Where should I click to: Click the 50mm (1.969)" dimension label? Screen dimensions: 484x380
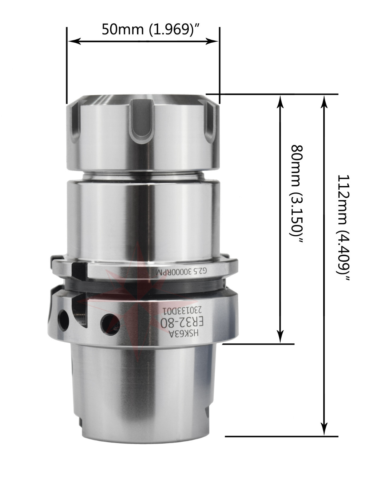[x=150, y=30]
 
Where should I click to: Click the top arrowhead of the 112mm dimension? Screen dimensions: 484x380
[x=324, y=102]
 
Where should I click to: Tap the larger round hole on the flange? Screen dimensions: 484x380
[x=110, y=324]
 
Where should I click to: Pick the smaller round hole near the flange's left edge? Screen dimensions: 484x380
[x=63, y=319]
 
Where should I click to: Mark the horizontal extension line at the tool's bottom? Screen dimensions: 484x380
[x=281, y=437]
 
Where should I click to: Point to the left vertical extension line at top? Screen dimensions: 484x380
[x=67, y=65]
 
